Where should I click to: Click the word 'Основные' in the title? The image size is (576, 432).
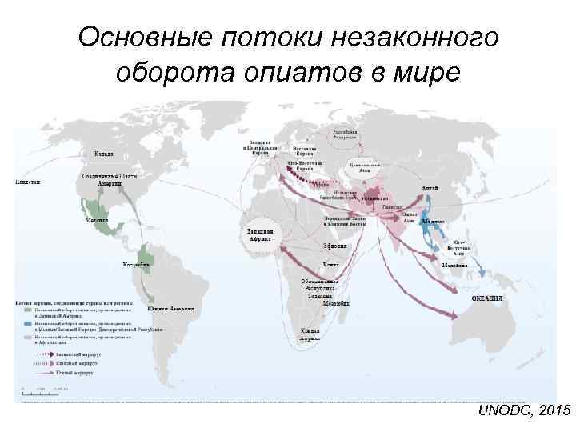[x=139, y=37]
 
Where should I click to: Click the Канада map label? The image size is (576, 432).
[x=104, y=153]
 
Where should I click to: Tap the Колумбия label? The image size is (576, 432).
[x=135, y=264]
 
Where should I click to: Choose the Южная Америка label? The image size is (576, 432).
[x=170, y=309]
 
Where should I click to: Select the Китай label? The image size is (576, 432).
[x=430, y=188]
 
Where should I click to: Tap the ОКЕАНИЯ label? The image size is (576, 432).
[x=486, y=298]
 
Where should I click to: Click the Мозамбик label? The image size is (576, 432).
[x=336, y=303]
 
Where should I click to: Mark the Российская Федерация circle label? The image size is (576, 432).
[x=346, y=134]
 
